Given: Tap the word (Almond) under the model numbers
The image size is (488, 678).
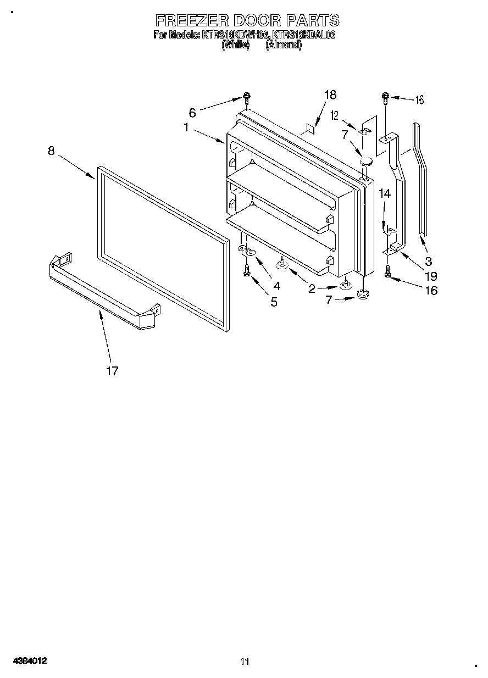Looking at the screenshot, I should [283, 46].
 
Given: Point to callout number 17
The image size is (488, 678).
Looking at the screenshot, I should [112, 371].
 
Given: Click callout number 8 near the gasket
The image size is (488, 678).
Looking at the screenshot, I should [51, 151].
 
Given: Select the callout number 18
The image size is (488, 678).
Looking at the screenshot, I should [330, 95].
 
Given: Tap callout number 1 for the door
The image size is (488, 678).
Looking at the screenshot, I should [187, 127].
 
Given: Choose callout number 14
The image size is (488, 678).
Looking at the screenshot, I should [385, 193].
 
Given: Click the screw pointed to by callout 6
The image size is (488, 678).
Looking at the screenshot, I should [247, 99].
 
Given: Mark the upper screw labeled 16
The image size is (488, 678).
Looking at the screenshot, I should [386, 99].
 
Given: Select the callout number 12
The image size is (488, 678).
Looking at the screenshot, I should [334, 115].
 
